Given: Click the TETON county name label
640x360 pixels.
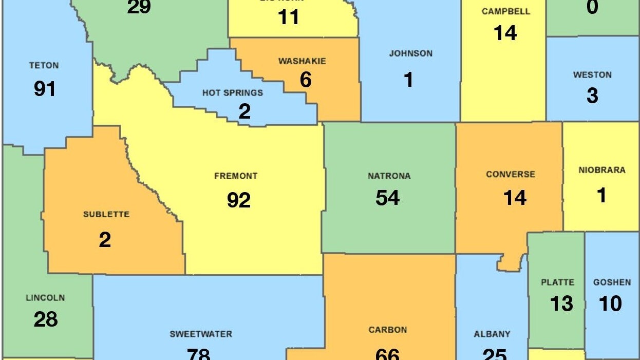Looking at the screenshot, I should point(44,66).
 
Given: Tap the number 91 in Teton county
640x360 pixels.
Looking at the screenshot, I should point(45,89).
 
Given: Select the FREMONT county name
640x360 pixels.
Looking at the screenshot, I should point(236,176).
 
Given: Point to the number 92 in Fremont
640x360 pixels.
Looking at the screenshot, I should point(239,200).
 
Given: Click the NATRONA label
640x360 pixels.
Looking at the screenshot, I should point(389,176).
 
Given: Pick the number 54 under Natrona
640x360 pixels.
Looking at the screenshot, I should point(388,198).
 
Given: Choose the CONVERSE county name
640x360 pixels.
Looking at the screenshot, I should point(511,175).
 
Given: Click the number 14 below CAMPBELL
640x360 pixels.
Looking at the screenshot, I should point(505,33).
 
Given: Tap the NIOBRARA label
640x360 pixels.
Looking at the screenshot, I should point(601,170).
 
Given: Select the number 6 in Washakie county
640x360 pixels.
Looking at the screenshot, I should point(306,80).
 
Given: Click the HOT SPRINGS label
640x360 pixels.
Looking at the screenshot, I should point(232,93).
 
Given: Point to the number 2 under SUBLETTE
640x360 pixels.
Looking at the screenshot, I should point(105,240).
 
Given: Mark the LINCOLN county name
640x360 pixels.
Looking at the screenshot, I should point(45,298).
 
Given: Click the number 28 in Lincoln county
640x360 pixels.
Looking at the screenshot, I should point(46,319).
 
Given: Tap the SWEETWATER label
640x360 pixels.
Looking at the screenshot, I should point(201,334).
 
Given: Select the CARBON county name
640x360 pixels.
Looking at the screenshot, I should point(388,330).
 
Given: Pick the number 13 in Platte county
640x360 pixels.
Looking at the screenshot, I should point(561,304).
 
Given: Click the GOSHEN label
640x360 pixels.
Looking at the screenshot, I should point(612,282).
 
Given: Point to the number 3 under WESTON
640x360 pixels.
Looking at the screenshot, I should point(592,96).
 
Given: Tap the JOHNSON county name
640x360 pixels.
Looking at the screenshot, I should point(410,53).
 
